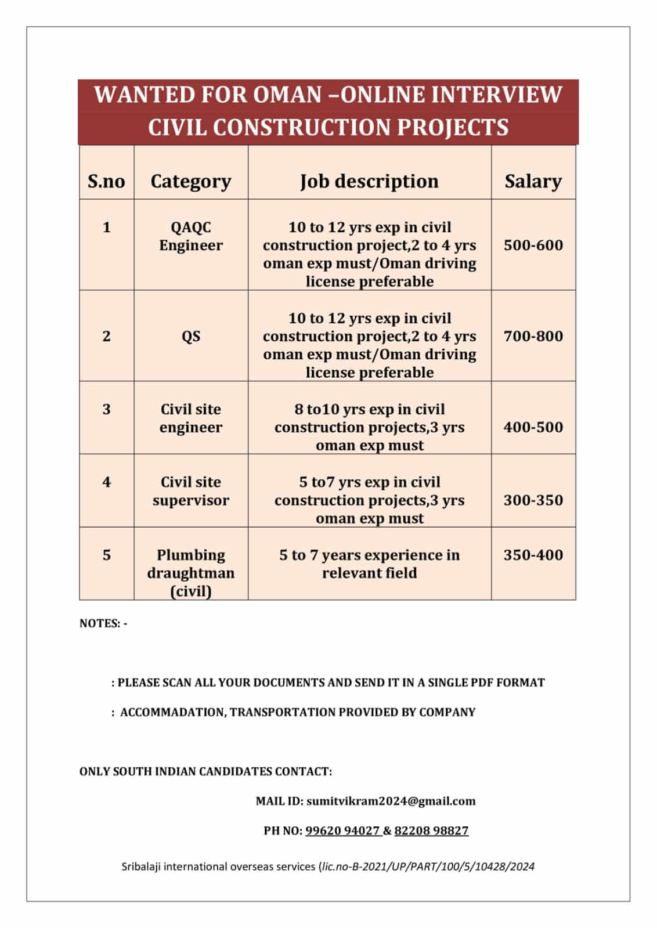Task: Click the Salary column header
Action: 533,181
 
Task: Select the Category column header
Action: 190,181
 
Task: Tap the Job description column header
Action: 369,181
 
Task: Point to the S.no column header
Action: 106,181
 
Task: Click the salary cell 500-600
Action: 533,245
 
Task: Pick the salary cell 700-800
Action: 533,336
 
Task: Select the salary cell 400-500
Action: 533,427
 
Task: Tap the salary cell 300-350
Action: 533,500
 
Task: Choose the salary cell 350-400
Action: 533,555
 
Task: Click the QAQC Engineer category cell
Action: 190,236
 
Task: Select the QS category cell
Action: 190,336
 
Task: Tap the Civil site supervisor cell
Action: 190,491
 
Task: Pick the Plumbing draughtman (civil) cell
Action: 190,573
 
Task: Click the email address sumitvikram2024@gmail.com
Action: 391,801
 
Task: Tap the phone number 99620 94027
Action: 342,830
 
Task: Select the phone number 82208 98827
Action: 431,830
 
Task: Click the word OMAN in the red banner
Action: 286,95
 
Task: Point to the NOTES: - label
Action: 103,623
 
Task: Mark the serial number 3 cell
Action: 106,409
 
